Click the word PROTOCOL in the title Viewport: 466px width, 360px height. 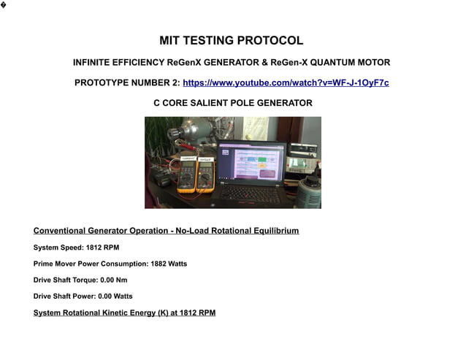pos(270,41)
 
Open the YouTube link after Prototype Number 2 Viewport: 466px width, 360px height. pos(286,83)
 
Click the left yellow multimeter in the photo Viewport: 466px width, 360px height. pos(186,174)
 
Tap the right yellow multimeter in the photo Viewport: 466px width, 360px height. pos(206,173)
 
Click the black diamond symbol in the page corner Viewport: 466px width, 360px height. pos(4,5)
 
